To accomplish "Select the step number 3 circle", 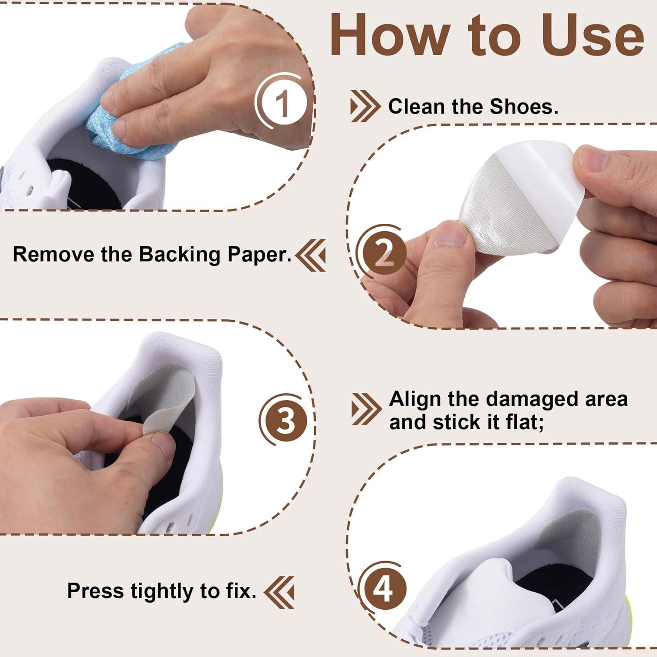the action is click(286, 420).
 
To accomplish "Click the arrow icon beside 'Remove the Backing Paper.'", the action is click(311, 255).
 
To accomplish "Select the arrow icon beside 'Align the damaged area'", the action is click(366, 409).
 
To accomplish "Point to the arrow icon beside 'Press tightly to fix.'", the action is click(279, 591).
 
